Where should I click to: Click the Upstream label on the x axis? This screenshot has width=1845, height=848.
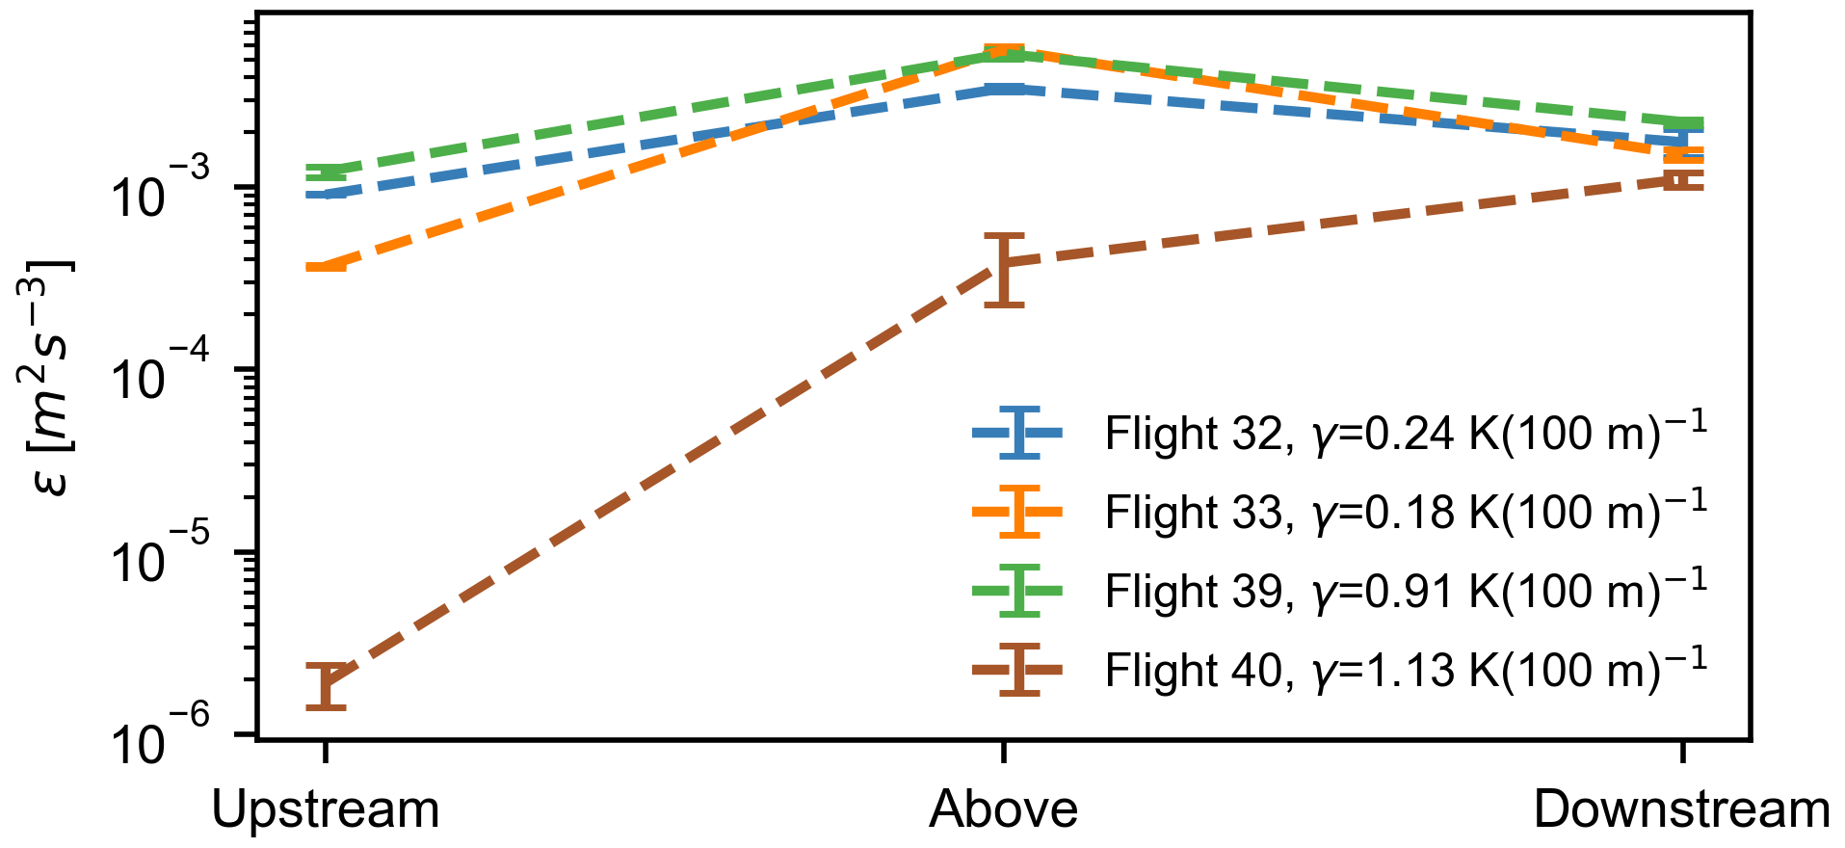coord(326,809)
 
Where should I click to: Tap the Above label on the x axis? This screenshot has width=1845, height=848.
coord(1003,809)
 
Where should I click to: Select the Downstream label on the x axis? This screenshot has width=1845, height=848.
coord(1681,809)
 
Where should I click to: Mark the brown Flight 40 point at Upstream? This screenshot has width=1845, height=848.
coord(326,684)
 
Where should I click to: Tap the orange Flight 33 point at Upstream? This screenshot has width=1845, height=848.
coord(326,267)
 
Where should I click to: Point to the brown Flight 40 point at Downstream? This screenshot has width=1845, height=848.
coord(1682,179)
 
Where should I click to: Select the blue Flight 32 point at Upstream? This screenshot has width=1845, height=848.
coord(326,194)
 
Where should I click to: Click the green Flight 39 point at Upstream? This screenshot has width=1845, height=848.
coord(326,172)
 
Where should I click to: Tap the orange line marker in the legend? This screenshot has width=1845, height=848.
coord(1018,512)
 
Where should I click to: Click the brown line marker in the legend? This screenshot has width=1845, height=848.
coord(1018,669)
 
